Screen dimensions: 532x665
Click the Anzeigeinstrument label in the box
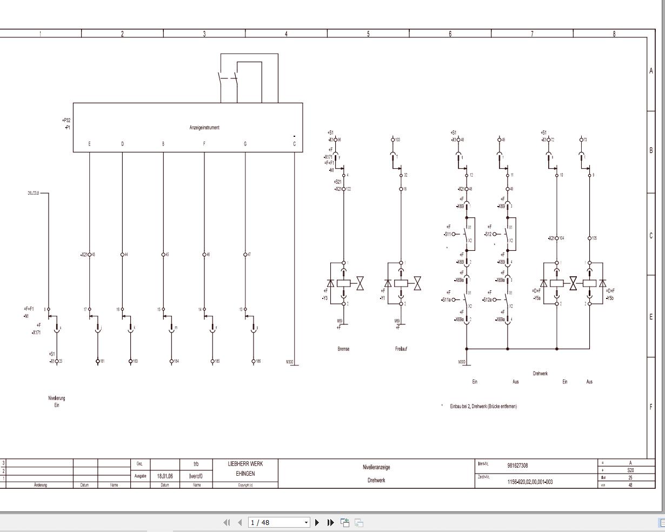tap(204, 128)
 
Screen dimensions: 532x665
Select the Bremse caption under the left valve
tap(343, 349)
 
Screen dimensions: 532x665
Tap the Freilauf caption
tap(401, 349)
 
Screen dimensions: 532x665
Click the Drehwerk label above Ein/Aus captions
tap(540, 374)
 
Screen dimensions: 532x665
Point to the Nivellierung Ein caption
tap(56, 401)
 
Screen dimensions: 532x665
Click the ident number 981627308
tap(517, 465)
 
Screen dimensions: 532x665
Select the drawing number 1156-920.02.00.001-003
tap(530, 482)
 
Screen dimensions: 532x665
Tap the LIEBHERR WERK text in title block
tap(245, 464)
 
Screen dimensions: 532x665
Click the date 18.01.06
tap(165, 476)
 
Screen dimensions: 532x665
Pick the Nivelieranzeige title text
tap(376, 467)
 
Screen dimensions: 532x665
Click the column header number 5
tap(368, 34)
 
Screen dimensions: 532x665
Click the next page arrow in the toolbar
tap(317, 522)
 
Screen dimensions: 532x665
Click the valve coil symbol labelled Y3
tap(344, 283)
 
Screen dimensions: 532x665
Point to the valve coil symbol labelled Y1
tap(401, 283)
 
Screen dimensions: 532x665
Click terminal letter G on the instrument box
tap(245, 144)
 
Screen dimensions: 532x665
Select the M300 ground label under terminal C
tap(290, 362)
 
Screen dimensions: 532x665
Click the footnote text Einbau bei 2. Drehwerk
tap(483, 406)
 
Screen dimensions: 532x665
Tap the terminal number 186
tap(258, 361)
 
